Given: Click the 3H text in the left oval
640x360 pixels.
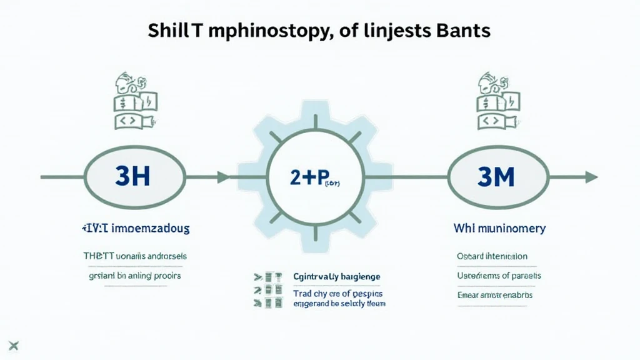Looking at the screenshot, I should [x=133, y=177].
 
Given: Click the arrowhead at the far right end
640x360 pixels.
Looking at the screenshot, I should [x=591, y=177].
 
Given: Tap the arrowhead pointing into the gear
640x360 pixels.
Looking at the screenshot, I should [x=223, y=177].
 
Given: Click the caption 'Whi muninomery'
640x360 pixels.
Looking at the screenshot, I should [x=499, y=229].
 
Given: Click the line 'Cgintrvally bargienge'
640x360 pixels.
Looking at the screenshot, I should [x=336, y=276].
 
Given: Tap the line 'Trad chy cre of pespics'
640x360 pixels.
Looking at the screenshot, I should [x=337, y=292].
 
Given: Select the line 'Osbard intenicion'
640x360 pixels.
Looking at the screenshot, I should [x=492, y=256].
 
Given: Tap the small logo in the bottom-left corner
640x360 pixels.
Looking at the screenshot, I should [x=16, y=345].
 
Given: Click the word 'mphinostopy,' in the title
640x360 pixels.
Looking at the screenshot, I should [x=261, y=31].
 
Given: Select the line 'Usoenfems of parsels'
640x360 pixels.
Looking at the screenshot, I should [x=499, y=276].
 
